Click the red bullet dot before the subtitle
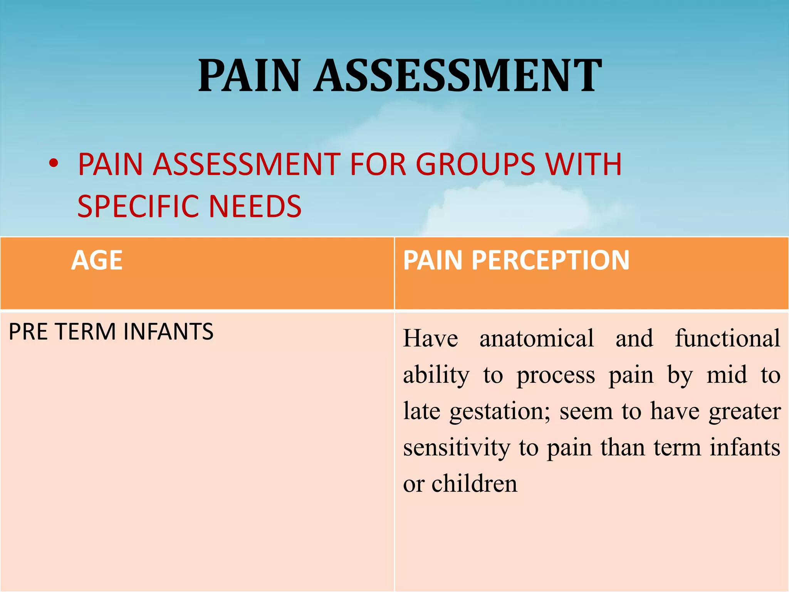coord(54,163)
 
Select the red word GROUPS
coord(476,165)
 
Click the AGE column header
coord(97,261)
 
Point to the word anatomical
coord(537,338)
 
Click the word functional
coord(728,338)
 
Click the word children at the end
coord(474,484)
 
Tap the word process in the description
coord(556,375)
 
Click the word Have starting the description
coord(431,338)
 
